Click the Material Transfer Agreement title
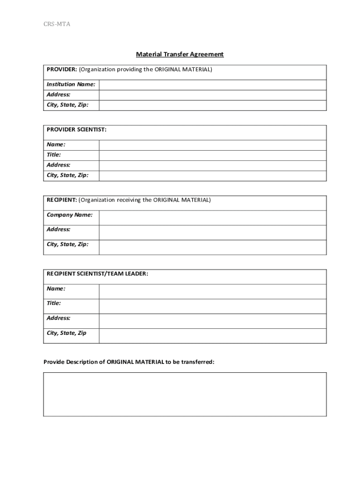coord(180,54)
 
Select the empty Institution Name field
coord(213,85)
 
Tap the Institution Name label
coord(71,85)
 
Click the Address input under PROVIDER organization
coord(213,95)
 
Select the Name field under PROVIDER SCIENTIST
coord(213,145)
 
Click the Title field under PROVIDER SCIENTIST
coord(213,155)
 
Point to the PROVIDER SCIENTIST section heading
coord(77,130)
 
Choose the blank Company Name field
coord(213,218)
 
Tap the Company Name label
coord(69,215)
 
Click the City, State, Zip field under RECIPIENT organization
coord(213,247)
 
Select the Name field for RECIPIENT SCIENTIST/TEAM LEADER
coord(213,291)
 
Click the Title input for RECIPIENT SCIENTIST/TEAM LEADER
coord(213,306)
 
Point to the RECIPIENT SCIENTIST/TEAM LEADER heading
coord(97,274)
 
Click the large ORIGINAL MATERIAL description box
coord(185,394)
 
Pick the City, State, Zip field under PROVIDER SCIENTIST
coord(213,176)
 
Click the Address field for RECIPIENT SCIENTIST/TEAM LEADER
coord(213,321)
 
